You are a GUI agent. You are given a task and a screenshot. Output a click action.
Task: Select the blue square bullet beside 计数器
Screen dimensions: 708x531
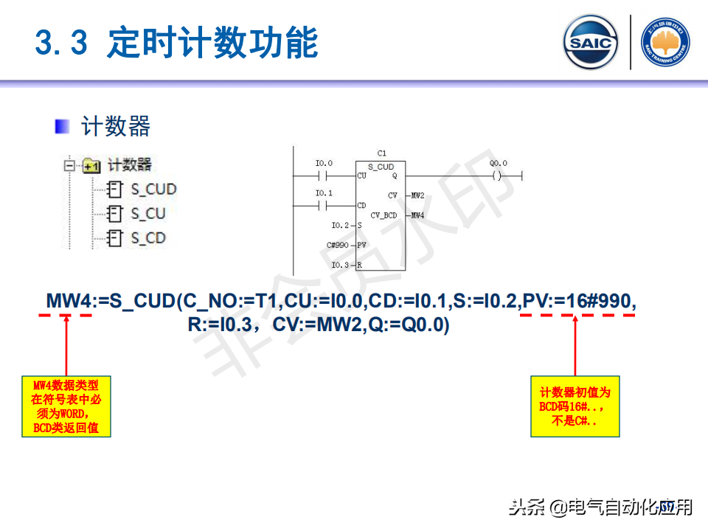pos(62,126)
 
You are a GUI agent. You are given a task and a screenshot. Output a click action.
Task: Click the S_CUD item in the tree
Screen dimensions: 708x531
pos(153,189)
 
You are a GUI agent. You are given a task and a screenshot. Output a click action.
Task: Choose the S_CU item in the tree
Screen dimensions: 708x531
pos(147,213)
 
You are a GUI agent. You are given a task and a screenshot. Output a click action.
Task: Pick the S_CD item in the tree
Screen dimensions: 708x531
pos(147,237)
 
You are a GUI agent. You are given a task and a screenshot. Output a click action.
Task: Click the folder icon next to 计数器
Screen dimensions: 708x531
pos(91,165)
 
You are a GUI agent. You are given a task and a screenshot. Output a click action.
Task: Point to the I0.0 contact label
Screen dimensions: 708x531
pos(323,163)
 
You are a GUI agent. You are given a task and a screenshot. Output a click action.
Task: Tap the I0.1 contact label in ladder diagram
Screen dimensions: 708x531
pos(323,193)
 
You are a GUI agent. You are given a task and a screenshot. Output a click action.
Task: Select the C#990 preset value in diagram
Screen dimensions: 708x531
pos(337,244)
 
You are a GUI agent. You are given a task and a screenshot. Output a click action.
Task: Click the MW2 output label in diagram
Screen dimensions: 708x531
pos(417,195)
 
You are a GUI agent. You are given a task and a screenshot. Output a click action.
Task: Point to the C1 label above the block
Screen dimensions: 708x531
pos(381,153)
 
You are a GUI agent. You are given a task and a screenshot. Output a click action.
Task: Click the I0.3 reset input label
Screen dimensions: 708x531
pos(340,264)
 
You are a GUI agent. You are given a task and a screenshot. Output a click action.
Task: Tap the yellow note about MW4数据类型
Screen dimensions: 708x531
pos(66,406)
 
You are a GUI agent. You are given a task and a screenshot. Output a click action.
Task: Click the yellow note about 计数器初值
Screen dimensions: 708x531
pos(575,406)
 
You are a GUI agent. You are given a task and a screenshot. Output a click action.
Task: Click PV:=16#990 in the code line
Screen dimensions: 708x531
pos(578,302)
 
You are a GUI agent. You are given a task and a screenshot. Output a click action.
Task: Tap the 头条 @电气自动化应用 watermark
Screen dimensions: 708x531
pos(601,507)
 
